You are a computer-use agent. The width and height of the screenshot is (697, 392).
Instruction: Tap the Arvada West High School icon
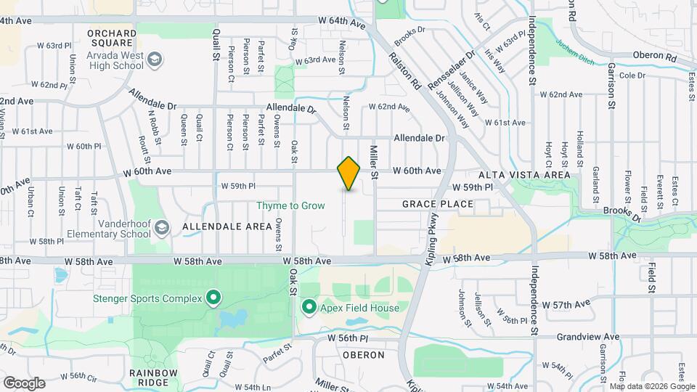click(x=154, y=58)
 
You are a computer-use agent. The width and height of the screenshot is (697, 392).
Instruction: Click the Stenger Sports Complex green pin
click(x=213, y=297)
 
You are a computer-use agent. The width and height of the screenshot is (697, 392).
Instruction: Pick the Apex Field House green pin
click(x=309, y=308)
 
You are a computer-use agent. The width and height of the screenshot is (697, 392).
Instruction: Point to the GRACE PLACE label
click(x=438, y=205)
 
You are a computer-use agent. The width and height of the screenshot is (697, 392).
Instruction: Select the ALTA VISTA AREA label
click(x=524, y=176)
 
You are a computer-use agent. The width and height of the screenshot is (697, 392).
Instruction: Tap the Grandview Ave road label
click(x=588, y=337)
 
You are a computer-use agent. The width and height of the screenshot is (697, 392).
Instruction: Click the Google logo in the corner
click(x=23, y=383)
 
